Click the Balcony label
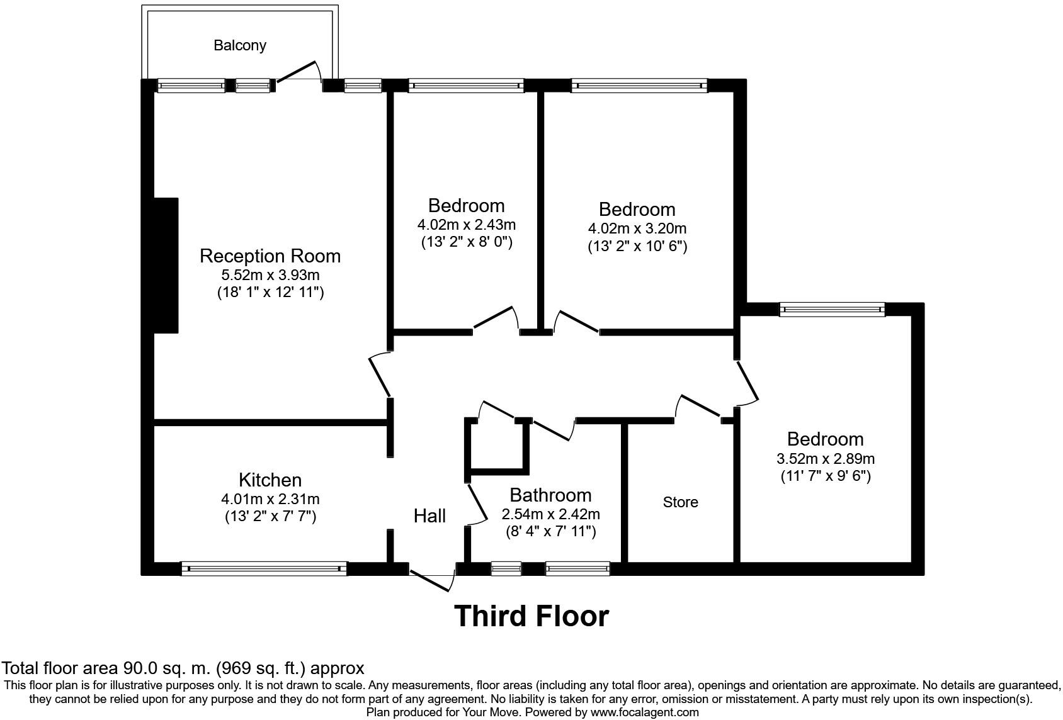pos(239,45)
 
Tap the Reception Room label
pos(270,256)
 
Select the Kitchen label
pos(270,480)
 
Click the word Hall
pos(429,516)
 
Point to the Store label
pos(680,502)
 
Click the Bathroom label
pos(550,495)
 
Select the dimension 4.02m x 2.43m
pos(466,225)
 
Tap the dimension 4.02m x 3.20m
pos(637,228)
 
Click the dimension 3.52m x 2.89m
pos(825,459)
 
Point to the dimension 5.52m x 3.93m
pos(270,275)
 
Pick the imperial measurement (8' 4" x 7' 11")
pos(550,532)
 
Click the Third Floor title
pos(531,616)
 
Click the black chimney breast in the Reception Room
pos(166,265)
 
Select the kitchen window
pos(264,569)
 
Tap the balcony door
pos(297,72)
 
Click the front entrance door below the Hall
pos(432,580)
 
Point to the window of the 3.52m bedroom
pos(832,309)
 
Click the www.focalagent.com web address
pos(645,712)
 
